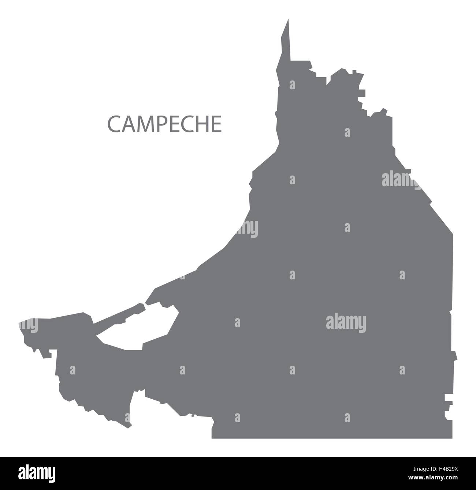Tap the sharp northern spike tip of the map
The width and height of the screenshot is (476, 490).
[x=288, y=20]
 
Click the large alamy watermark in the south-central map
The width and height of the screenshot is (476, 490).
[x=346, y=323]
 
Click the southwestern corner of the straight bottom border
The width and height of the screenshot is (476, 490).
[x=212, y=438]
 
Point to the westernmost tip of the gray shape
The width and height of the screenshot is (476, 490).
[x=19, y=324]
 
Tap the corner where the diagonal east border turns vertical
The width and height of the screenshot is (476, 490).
[x=453, y=234]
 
